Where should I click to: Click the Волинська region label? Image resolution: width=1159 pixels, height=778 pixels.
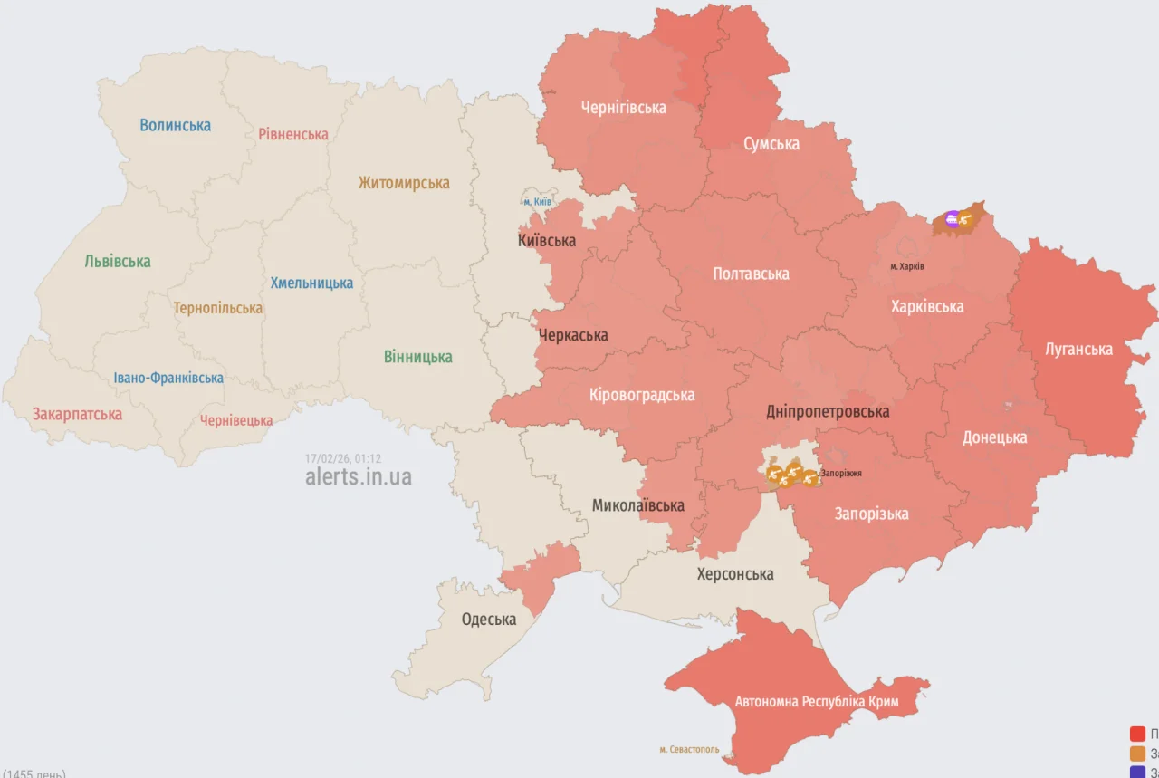[x=175, y=125]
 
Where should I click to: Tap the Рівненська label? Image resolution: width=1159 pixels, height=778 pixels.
[x=292, y=134]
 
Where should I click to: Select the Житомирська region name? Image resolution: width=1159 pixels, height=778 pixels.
[x=403, y=183]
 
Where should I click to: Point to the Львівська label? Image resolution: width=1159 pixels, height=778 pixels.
[x=118, y=262]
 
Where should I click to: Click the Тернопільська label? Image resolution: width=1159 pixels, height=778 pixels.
[x=218, y=308]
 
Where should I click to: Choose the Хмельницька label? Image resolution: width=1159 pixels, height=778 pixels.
[x=311, y=283]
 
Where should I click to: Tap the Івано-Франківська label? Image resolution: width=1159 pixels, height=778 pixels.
[x=168, y=378]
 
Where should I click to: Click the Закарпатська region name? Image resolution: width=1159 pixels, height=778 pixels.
[x=77, y=414]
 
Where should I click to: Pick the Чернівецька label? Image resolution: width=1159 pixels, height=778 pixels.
[x=236, y=420]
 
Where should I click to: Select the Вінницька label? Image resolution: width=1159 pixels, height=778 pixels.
[x=417, y=357]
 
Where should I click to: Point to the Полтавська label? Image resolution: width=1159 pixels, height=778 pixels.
[x=751, y=274]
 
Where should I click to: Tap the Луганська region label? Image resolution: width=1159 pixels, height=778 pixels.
[x=1078, y=349]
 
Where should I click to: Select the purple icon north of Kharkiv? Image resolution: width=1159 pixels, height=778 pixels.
[x=952, y=218]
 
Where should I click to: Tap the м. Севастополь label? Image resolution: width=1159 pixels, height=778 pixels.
[x=689, y=749]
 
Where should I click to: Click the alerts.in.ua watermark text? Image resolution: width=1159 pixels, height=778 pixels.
[x=358, y=476]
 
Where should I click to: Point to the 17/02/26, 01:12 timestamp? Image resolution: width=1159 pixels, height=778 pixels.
[x=343, y=458]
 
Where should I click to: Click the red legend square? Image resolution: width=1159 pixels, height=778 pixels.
[x=1137, y=734]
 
